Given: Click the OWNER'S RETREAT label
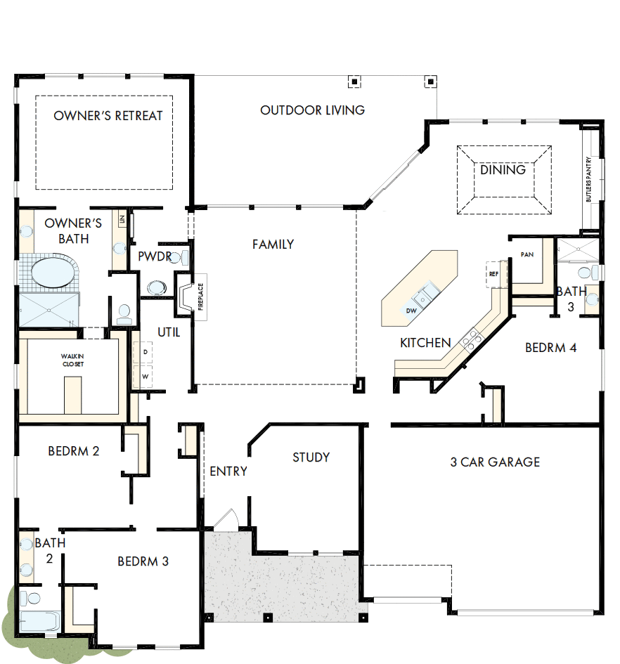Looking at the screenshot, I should point(108,116).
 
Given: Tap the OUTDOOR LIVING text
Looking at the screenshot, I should point(312,110).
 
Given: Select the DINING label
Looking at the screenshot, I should point(503,170).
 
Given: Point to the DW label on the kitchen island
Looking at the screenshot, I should point(411,310).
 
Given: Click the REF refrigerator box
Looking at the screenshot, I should point(493,274).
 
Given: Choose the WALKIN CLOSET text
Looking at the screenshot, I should point(72,360).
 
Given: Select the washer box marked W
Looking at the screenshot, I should point(145,377).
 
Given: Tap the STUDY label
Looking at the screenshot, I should point(311,457).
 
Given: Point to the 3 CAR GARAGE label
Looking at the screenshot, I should point(495,462).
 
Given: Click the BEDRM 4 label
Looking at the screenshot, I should point(550,347).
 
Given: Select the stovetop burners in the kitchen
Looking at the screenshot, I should point(470,339).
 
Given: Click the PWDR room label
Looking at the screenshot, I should point(155,256).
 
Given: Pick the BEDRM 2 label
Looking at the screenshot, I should point(73,451).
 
